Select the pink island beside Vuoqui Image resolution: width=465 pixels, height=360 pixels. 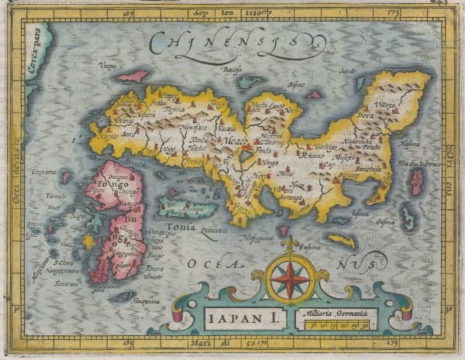coord(133,77)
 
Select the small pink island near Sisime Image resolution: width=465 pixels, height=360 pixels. coord(315,94)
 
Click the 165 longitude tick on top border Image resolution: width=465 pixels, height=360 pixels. coord(128,12)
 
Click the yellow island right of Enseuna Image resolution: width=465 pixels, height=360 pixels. coord(342,241)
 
